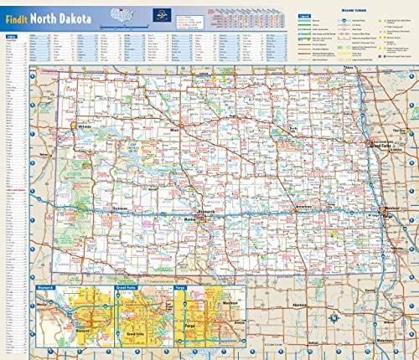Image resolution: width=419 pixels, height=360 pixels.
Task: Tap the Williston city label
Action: [x=82, y=127]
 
